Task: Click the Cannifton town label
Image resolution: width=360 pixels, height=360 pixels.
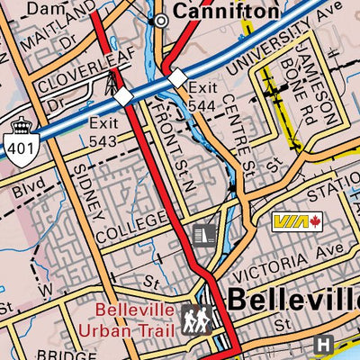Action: tap(225, 11)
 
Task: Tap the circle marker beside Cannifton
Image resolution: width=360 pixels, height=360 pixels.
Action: tap(161, 19)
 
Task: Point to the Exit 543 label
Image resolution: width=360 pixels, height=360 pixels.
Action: tap(103, 131)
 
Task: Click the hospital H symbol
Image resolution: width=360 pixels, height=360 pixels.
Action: tap(325, 343)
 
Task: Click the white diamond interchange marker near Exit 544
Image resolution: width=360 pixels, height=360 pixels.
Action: tap(177, 78)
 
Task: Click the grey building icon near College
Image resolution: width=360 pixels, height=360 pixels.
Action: tap(206, 236)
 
